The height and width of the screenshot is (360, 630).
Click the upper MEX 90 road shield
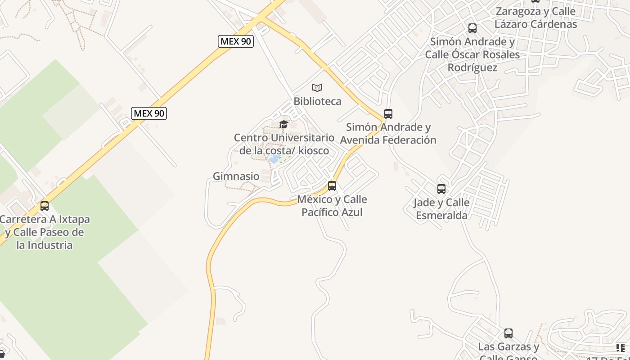coord(236,41)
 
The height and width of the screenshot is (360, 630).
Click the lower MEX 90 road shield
coord(149,113)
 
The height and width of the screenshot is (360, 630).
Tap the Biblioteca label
coord(317,101)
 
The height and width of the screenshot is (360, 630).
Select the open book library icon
coord(317,88)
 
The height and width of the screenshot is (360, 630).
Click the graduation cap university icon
coord(283,124)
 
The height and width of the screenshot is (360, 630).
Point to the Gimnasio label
coord(236,176)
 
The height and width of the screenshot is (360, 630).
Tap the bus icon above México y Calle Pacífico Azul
coord(332,185)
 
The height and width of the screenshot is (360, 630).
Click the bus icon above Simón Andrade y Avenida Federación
coord(388,114)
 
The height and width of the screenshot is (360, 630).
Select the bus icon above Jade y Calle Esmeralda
coord(441,189)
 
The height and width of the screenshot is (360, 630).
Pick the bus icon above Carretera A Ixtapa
coord(44,206)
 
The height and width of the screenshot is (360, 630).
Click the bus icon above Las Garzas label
coord(508,333)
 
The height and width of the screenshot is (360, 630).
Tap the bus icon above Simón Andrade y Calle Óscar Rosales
coord(472,28)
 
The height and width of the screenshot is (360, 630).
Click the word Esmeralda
coord(441,216)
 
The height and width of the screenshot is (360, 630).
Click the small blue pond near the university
coord(274,159)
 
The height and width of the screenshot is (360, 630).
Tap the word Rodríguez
coord(472,67)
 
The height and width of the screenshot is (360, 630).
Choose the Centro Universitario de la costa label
coord(284,144)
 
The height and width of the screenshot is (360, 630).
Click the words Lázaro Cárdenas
coord(535,24)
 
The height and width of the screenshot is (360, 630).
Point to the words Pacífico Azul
coord(332,212)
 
